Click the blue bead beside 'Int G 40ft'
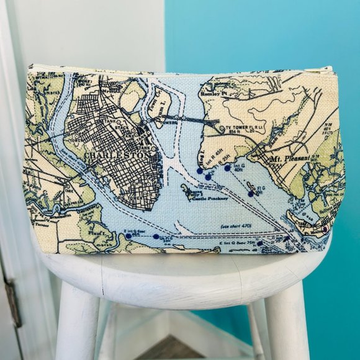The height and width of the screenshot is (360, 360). coord(228,168)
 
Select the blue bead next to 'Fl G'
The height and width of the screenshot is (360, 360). coord(251,194)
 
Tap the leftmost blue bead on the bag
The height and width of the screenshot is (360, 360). coord(128,236)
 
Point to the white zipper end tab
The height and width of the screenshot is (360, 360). coord(327,69)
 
